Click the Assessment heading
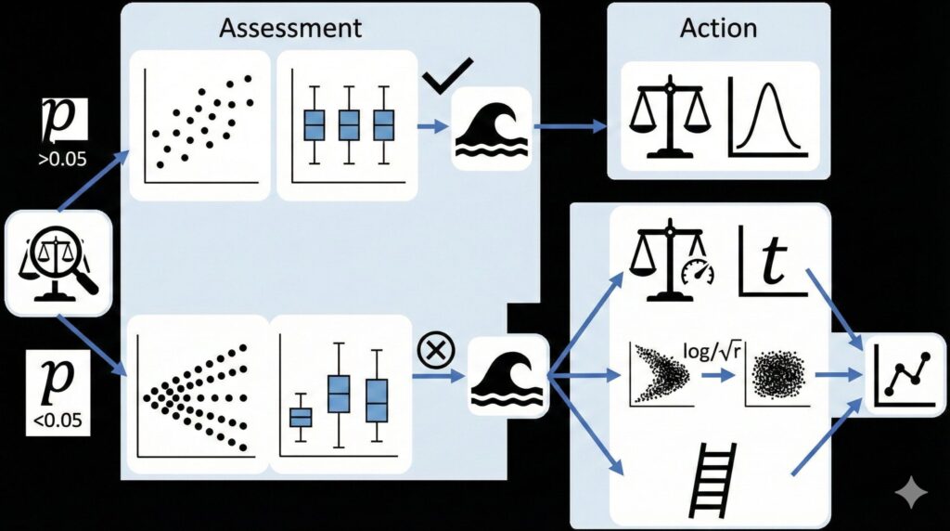point(290,27)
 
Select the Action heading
point(718,27)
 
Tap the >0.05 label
point(62,158)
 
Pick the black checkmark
point(447,75)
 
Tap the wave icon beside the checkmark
point(491,129)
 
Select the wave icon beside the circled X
point(508,376)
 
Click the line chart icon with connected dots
point(901,374)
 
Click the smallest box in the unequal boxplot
point(301,418)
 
